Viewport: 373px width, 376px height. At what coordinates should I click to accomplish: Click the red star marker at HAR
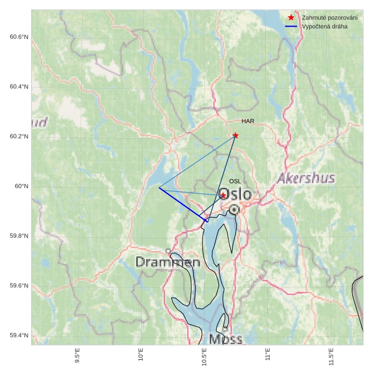coord(235,135)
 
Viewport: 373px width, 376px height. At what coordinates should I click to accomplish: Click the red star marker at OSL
coord(223,195)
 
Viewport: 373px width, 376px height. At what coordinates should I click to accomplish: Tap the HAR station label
coord(248,121)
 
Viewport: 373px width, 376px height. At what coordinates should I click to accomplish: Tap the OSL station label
coord(235,181)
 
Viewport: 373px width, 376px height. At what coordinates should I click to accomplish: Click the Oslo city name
coord(235,195)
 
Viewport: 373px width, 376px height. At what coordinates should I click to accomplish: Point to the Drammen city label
coord(168,262)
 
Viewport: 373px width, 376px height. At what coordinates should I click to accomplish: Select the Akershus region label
coord(306,178)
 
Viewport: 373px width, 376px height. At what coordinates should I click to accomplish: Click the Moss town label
coord(225,339)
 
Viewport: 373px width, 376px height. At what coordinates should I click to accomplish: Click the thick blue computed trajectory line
coord(184,205)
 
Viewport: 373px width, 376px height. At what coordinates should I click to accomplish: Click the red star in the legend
coord(291,18)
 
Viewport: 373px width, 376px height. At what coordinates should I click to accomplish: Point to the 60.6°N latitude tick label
coord(19,37)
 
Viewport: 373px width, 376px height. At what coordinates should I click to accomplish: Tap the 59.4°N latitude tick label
coord(19,335)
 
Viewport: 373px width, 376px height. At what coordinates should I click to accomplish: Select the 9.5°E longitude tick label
coord(77,358)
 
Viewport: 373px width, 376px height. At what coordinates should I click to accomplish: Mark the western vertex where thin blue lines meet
coord(159,188)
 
